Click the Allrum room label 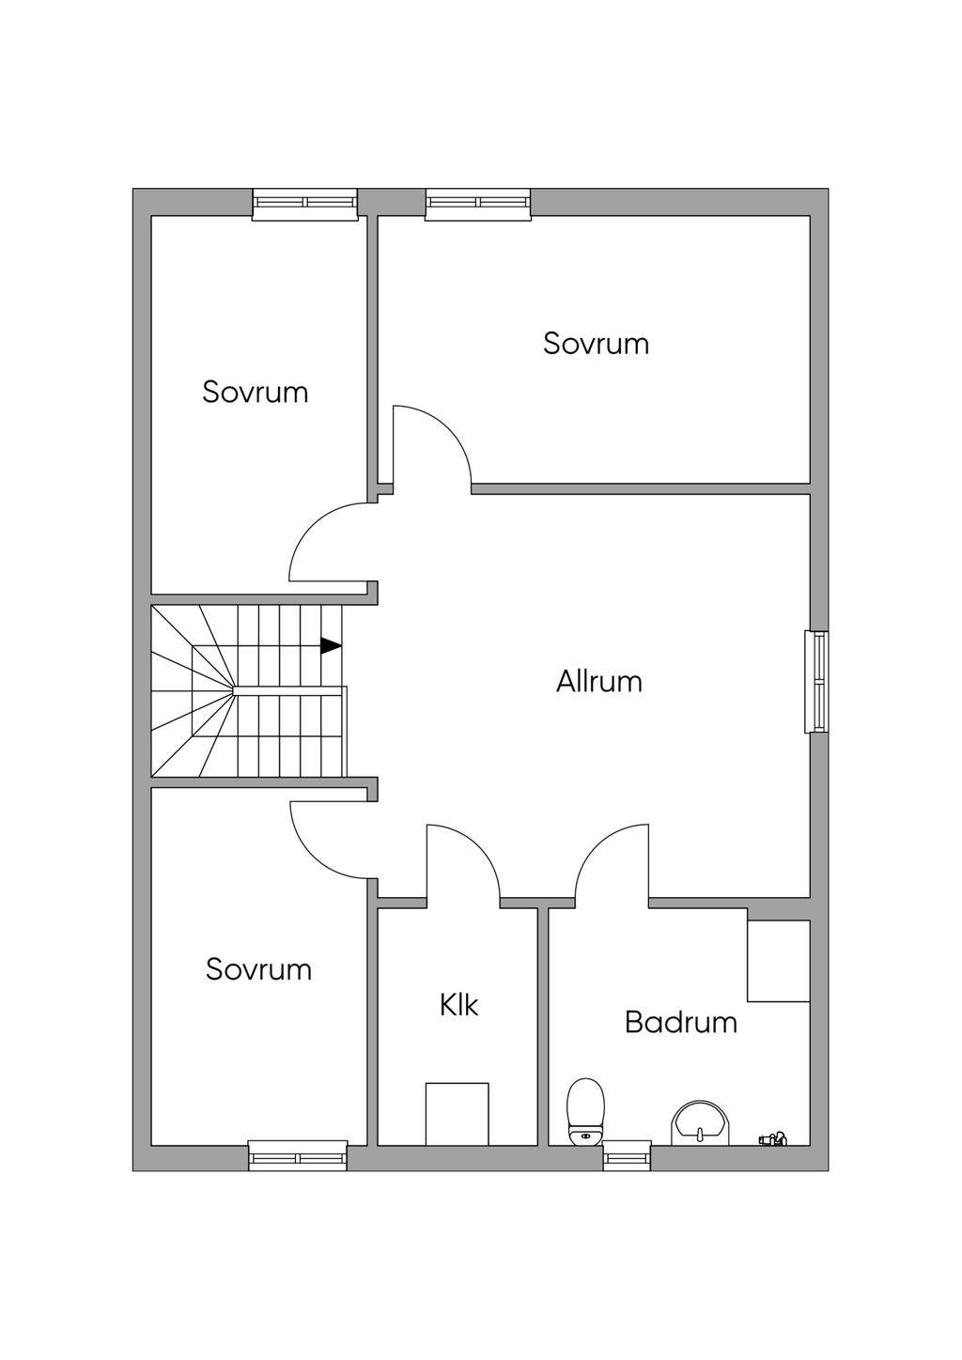(598, 681)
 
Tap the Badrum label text (680, 1022)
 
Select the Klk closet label (458, 1005)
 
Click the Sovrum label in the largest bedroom (596, 344)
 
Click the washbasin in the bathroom (700, 1122)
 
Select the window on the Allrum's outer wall (816, 681)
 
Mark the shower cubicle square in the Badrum (778, 961)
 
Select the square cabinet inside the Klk (457, 1114)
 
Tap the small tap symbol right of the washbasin (772, 1139)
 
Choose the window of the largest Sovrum (478, 204)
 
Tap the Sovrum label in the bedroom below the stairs (258, 969)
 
